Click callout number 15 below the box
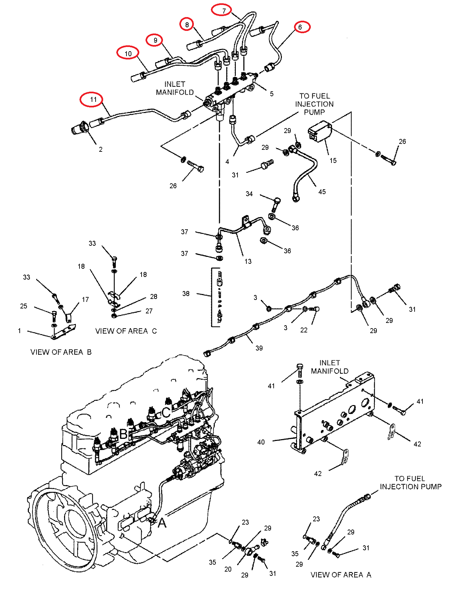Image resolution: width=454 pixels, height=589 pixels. point(333,161)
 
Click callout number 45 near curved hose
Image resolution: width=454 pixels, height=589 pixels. point(322,192)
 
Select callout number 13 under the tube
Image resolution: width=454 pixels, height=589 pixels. point(248,261)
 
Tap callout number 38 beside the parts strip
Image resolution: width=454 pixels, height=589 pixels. point(186,294)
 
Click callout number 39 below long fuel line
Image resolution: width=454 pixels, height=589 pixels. point(259,348)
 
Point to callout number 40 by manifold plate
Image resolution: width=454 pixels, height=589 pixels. point(261,442)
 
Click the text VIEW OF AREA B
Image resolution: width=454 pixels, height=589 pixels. point(61,352)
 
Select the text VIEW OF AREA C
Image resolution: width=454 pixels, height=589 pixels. point(126,331)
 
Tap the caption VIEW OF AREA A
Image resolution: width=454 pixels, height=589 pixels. point(341,575)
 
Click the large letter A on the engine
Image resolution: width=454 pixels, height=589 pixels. point(162,523)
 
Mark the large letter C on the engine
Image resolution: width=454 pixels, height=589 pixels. point(166,412)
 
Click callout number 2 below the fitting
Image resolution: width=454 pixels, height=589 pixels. point(101,149)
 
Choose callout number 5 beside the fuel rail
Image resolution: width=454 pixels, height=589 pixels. point(272,94)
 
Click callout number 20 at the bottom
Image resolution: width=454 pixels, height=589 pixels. point(228,570)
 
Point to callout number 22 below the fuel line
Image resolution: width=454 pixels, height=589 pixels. point(304,330)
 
